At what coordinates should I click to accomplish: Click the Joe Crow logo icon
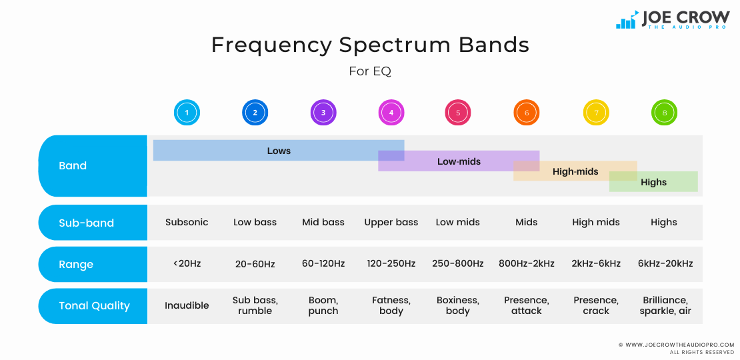coord(627,20)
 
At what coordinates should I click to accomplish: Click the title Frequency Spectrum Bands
coord(370,45)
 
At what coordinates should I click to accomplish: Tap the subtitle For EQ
coord(370,71)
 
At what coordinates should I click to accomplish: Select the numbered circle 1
coord(187,113)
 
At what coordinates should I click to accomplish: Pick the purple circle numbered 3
coord(323,113)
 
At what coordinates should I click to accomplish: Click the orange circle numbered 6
coord(527,113)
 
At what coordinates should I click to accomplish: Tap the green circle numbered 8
coord(664,113)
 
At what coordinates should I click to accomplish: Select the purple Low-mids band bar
coord(459,161)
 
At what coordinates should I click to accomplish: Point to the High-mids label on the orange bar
coord(575,171)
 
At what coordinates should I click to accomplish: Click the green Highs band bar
coord(653,182)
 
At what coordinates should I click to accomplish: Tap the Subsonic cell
coord(187,222)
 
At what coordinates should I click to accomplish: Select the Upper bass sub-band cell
coord(391,222)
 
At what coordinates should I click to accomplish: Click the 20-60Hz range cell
coord(255,264)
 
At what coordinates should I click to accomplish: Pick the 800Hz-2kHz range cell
coord(527,263)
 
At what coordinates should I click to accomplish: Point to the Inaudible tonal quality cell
coord(187,305)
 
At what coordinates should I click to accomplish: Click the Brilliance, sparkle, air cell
coord(664,305)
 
